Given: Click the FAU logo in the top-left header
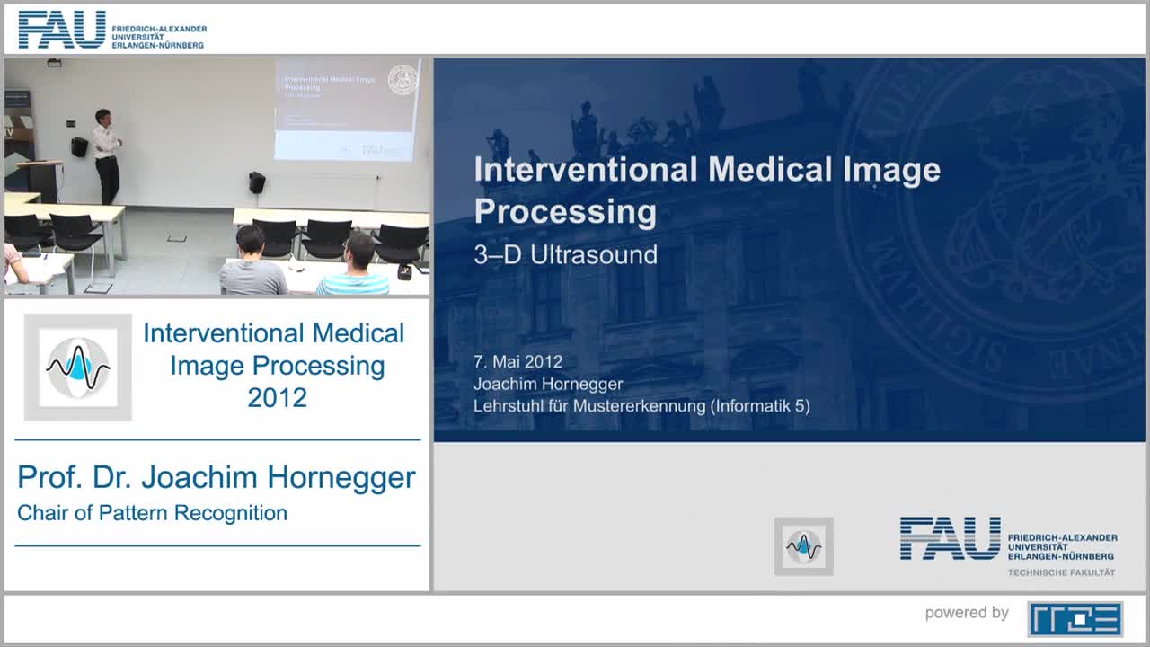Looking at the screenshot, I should pos(61,30).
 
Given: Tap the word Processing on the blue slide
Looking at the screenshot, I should pos(565,211).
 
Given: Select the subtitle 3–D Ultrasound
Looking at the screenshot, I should pos(565,254).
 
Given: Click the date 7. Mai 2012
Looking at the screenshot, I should pos(517,361).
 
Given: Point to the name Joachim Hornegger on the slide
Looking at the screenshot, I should pos(548,384).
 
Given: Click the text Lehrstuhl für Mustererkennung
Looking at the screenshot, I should pos(589,406).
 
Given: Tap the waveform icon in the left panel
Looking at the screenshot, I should pos(78,367).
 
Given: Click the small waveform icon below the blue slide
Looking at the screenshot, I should pos(803,545).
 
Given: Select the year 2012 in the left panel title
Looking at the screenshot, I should pos(277,397).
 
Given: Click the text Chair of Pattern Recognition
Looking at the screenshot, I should pos(152,513).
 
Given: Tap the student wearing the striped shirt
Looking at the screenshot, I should pos(355,267).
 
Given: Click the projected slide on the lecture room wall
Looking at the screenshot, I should pos(347,109).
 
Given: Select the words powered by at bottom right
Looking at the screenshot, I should pos(967,613).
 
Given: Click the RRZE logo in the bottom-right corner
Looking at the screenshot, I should pos(1075,618).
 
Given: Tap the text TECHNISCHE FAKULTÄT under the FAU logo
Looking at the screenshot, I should pos(1061,572).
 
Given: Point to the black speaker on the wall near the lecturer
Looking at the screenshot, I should pos(79,146).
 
